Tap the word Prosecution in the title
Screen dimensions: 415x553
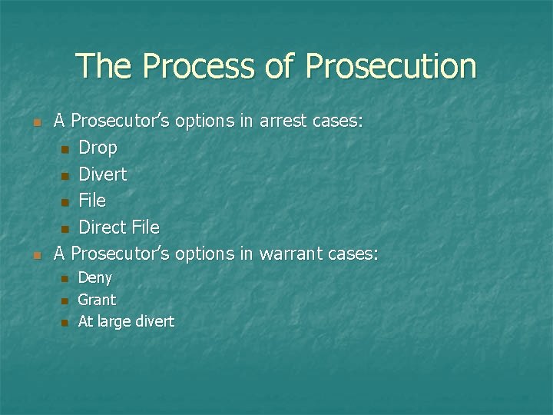pyautogui.click(x=390, y=66)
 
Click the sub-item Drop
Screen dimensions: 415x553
pyautogui.click(x=98, y=148)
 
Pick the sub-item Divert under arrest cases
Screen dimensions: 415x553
pyautogui.click(x=102, y=174)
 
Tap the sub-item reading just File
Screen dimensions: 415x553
pyautogui.click(x=92, y=201)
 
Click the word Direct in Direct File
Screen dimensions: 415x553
pyautogui.click(x=102, y=227)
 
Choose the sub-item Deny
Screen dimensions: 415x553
pyautogui.click(x=94, y=277)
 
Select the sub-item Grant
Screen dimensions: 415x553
pyautogui.click(x=97, y=300)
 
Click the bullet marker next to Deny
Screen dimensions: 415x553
pyautogui.click(x=65, y=279)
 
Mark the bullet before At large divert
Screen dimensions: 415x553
pyautogui.click(x=65, y=323)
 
